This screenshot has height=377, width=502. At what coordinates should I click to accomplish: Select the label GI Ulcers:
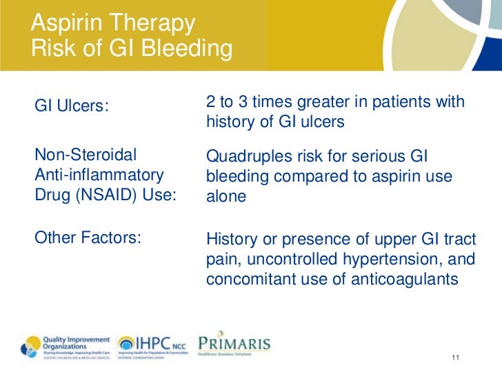72,107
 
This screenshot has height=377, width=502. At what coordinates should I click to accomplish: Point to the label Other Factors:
88,238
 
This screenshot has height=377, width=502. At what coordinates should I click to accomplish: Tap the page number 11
454,357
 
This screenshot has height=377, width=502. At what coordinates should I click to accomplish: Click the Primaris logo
234,345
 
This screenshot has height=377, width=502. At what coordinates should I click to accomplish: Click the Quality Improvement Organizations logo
66,345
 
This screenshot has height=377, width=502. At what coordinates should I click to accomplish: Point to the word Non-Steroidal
86,154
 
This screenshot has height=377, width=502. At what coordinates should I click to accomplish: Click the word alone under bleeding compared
225,196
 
